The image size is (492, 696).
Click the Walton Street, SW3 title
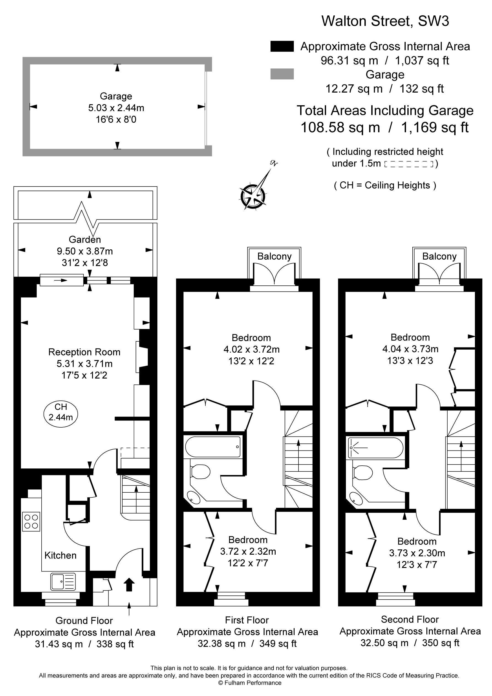385,21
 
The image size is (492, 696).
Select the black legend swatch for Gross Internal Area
282,46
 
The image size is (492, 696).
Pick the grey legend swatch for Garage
282,74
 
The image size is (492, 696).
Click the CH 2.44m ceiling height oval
61,412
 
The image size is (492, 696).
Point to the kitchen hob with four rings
31,521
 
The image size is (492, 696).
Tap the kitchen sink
63,581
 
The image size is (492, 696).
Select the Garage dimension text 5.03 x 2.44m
116,108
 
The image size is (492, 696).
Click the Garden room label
85,239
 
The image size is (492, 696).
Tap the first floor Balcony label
274,257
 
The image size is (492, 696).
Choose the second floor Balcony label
439,257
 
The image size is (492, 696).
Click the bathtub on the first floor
213,447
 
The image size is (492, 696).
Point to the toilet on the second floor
363,473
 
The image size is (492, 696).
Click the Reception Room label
84,352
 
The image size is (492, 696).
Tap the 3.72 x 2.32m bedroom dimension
248,551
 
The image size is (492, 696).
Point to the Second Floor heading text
410,619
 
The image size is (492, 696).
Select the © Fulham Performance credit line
249,683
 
